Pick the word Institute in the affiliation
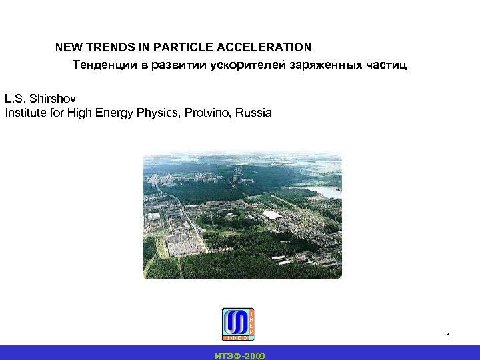26,113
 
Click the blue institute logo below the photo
238,323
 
